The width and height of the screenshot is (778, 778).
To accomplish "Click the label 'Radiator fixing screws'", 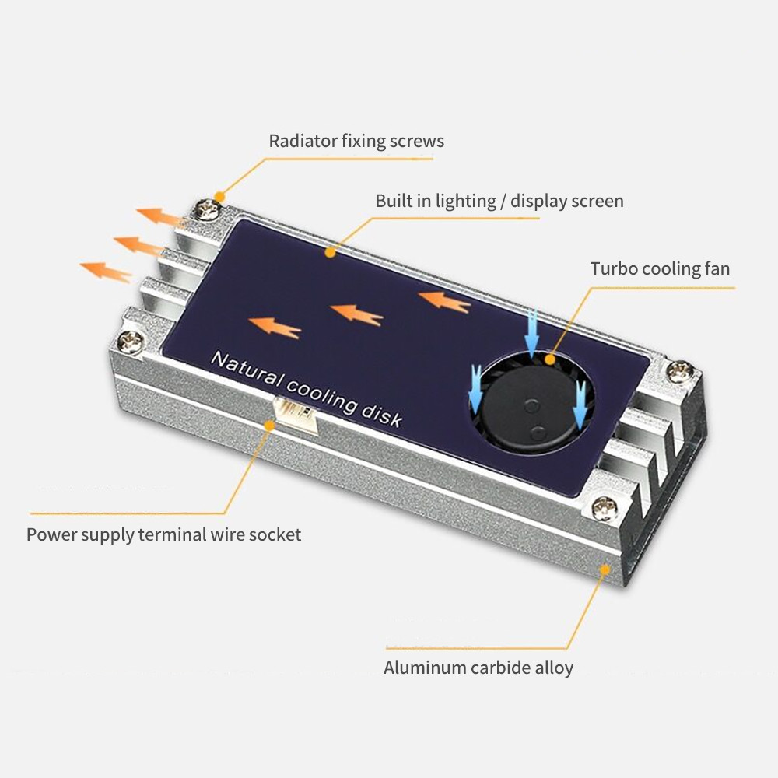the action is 356,141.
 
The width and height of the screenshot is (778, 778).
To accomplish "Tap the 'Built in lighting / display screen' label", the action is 499,201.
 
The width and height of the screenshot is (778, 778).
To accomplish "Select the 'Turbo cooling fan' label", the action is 660,268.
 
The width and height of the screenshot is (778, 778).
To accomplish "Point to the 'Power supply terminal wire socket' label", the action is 163,534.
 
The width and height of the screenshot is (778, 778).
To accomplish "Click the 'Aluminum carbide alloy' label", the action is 478,668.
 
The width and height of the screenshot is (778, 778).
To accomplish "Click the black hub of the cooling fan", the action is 531,417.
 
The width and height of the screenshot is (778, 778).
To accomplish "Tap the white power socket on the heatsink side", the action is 296,415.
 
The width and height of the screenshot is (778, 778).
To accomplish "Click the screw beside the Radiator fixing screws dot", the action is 208,209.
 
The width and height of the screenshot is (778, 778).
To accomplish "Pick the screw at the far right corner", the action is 678,371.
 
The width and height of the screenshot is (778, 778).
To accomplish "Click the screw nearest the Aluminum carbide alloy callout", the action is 605,508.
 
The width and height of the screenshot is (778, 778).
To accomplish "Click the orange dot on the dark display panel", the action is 330,253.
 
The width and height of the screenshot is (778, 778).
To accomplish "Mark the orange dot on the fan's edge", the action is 549,359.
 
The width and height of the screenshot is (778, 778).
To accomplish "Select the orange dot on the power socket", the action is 269,426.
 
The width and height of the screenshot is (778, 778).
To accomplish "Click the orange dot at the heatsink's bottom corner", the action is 605,569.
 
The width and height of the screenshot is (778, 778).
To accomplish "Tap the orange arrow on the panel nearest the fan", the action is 444,301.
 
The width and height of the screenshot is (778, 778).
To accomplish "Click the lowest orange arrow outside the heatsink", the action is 106,272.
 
